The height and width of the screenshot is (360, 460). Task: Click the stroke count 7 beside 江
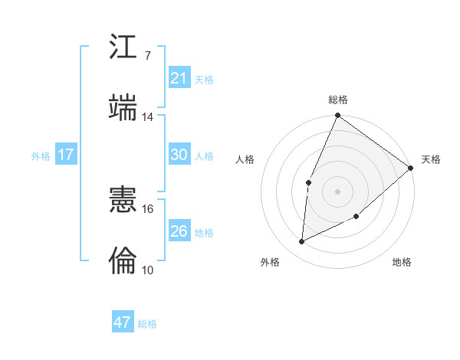click(148, 56)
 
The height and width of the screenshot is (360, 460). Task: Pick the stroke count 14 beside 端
click(148, 117)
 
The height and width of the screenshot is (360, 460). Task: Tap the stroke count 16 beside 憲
click(148, 208)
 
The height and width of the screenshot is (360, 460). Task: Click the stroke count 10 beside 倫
click(148, 270)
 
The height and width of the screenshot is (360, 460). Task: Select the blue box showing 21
click(179, 78)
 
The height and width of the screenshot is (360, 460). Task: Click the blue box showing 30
click(179, 155)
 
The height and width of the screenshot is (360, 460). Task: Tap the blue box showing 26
click(179, 231)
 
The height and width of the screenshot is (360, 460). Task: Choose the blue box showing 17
click(66, 155)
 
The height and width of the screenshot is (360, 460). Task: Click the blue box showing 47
click(123, 322)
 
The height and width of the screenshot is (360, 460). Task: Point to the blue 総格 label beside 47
click(148, 324)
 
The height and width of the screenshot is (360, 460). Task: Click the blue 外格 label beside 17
click(41, 156)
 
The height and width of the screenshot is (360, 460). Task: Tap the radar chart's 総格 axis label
click(338, 100)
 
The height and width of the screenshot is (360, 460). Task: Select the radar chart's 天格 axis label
click(431, 159)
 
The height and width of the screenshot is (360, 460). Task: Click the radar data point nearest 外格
click(302, 242)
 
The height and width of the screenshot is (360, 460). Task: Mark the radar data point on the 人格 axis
click(308, 182)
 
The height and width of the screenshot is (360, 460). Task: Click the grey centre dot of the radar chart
click(337, 191)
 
